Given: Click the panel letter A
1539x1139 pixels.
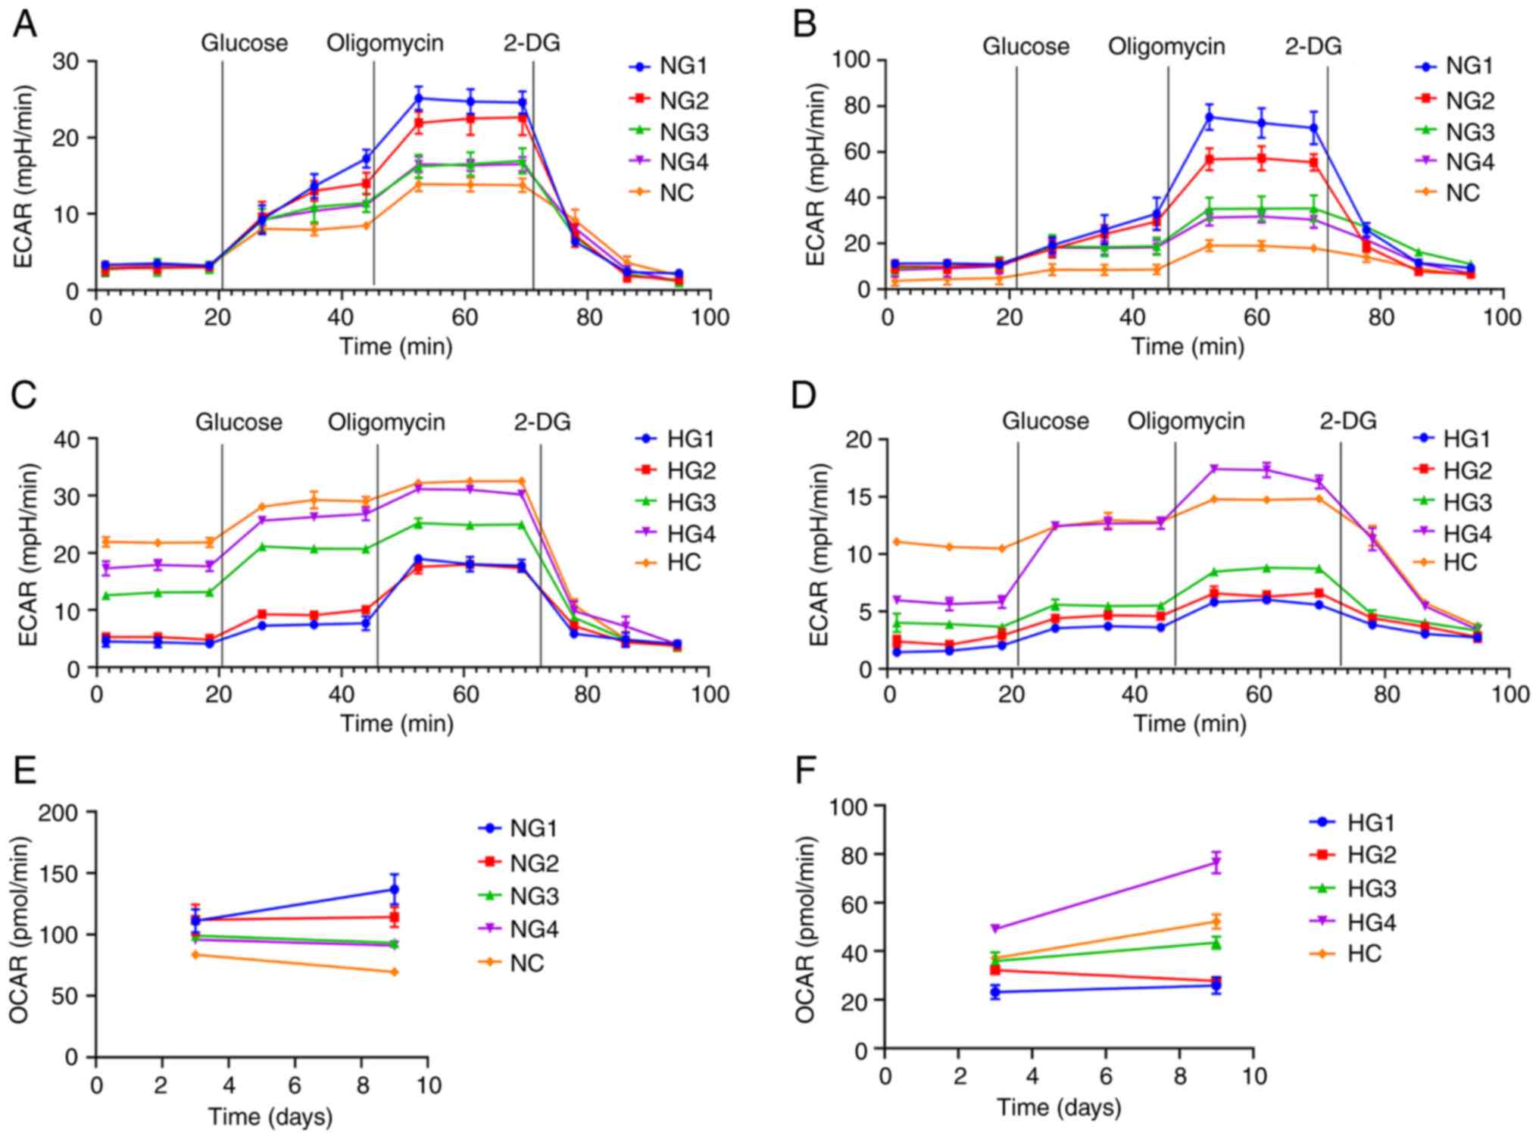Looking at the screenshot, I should tap(25, 25).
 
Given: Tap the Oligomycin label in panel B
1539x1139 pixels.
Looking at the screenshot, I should tap(1166, 47).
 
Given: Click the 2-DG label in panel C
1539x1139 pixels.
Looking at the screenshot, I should tap(542, 422).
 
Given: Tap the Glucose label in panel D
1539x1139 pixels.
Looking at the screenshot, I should tap(1045, 421).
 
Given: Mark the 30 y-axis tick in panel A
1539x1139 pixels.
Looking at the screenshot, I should tap(67, 61).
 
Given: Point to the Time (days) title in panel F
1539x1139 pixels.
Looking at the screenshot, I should tap(1058, 1107).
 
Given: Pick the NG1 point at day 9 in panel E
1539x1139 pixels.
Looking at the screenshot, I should tap(395, 890).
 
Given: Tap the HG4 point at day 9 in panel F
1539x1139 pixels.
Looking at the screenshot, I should tap(1216, 863).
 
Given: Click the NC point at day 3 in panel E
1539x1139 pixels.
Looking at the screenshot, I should tap(195, 955).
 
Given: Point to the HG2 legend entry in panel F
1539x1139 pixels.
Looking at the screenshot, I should tap(1371, 855).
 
